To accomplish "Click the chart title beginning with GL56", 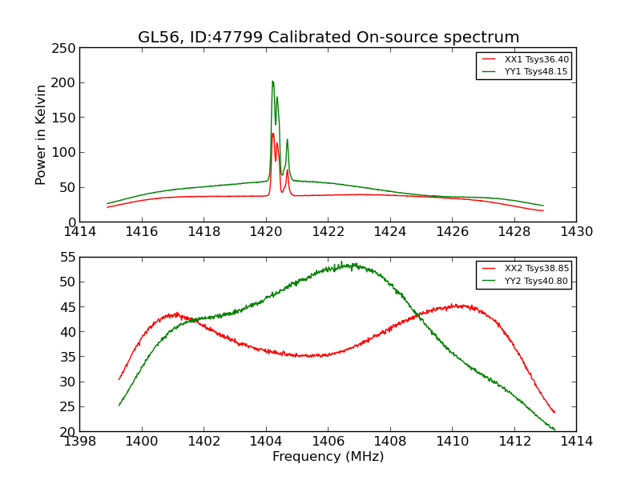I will pos(329,38).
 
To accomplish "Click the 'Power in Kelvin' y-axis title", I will pos(41,134).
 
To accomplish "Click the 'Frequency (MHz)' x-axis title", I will pos(328,457).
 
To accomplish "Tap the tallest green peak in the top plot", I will pos(272,81).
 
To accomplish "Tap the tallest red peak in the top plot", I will pos(272,133).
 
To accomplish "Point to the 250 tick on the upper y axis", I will pos(64,47).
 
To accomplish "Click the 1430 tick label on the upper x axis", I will pos(576,232).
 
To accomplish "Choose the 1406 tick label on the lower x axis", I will pos(328,441).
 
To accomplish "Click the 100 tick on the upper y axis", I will pos(64,152).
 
